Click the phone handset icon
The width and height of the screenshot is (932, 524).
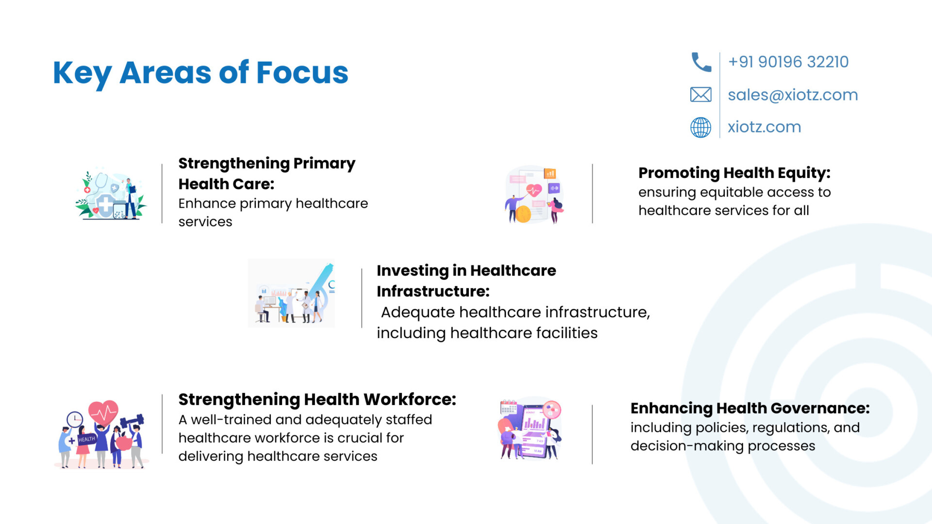[x=701, y=62]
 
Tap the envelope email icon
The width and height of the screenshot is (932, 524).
[x=701, y=95]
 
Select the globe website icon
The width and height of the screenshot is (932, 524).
[x=701, y=128]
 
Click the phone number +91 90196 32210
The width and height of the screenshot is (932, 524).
[x=788, y=62]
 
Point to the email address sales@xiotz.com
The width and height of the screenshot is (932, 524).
[x=793, y=95]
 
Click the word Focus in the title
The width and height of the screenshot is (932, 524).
[x=302, y=73]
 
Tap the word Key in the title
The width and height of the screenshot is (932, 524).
[x=83, y=74]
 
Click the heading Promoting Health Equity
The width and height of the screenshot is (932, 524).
[x=734, y=173]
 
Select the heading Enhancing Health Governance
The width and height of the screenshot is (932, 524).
[x=750, y=409]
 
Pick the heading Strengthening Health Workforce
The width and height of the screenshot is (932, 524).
[x=317, y=400]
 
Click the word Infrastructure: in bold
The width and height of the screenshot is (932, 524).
[x=433, y=291]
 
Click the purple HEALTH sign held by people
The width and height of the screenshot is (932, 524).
[x=86, y=439]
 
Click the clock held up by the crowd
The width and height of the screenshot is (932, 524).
[x=75, y=419]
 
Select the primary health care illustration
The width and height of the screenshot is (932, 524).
[x=111, y=194]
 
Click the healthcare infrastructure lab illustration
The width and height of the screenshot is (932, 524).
[x=291, y=293]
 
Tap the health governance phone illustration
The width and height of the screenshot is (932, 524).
[x=530, y=429]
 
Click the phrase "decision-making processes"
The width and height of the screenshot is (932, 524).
[x=723, y=446]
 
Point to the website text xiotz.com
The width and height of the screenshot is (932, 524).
[x=764, y=127]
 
